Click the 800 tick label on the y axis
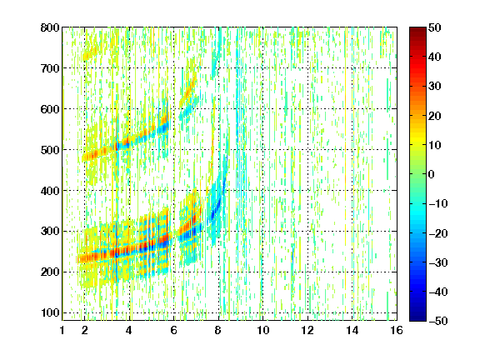(x=50, y=27)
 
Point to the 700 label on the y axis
(x=50, y=68)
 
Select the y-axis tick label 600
(x=50, y=109)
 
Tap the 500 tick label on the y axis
(x=50, y=150)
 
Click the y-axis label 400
(x=50, y=191)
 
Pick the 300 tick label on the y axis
(x=50, y=232)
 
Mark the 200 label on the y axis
(x=50, y=272)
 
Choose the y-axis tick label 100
(x=50, y=312)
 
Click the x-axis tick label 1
(x=62, y=330)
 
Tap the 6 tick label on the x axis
(x=174, y=330)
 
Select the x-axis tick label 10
(x=263, y=330)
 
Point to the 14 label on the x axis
(x=352, y=330)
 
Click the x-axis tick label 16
(x=397, y=330)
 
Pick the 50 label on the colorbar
(x=435, y=27)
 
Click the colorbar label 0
(x=432, y=174)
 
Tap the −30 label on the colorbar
(x=438, y=262)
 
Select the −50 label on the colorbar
(x=438, y=321)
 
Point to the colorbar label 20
(x=435, y=116)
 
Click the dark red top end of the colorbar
(x=417, y=29)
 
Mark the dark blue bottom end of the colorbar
(x=417, y=319)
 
